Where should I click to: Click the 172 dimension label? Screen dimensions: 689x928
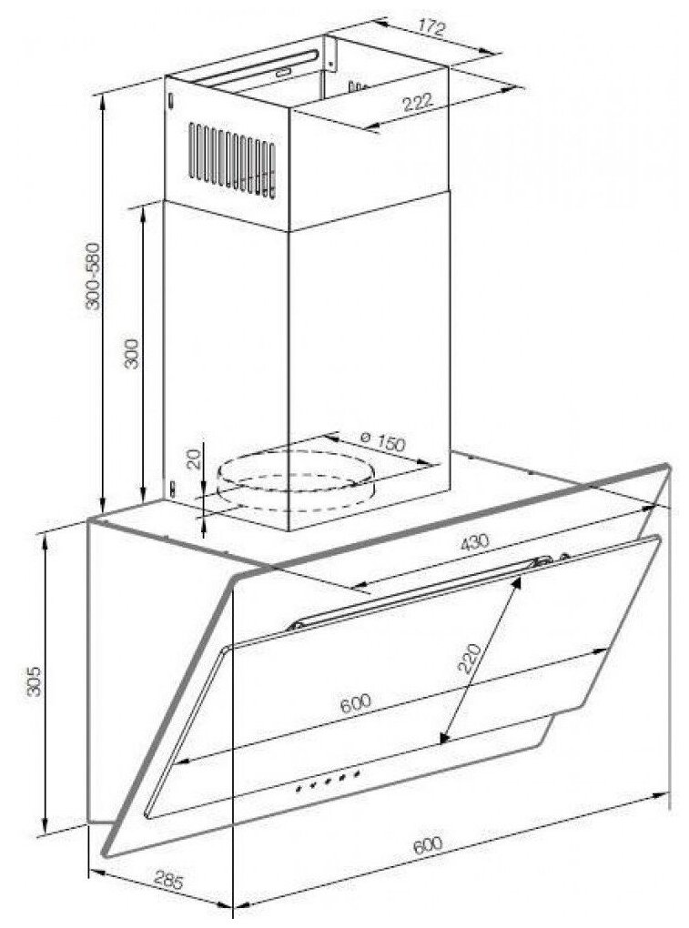coord(431,28)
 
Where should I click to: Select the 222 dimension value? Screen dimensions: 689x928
coord(414,104)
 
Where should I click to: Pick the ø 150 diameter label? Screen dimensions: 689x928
coord(381,443)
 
